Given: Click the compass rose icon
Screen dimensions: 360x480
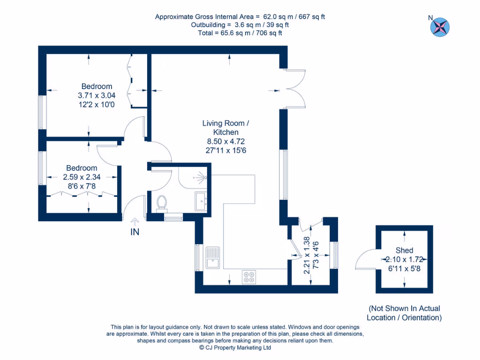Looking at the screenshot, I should coord(440,26).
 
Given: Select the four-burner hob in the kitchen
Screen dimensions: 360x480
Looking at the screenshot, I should coord(249,277).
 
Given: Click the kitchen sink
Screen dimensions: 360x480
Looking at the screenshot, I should coord(212,257).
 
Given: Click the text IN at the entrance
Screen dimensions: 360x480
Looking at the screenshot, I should coord(135,232).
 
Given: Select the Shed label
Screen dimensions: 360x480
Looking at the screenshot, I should coord(404,250).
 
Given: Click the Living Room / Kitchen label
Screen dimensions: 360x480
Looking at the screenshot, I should coord(226,127).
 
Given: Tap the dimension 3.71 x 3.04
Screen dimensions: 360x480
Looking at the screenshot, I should coord(97,95).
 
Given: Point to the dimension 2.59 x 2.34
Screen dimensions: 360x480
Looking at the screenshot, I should coord(82,177).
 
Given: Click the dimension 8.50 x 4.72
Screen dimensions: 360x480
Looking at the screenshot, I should coord(226,141).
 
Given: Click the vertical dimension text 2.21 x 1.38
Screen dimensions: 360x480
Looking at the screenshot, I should coord(307,255).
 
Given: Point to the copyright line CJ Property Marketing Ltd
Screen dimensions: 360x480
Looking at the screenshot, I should coord(235,348).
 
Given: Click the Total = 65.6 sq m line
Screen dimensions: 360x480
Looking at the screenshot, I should coord(240,33).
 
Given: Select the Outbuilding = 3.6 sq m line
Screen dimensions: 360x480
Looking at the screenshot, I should coord(240,25).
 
